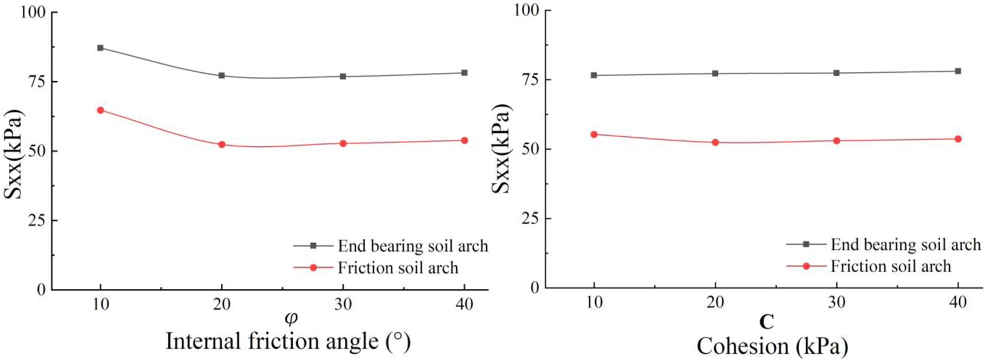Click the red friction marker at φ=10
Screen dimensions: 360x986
click(101, 110)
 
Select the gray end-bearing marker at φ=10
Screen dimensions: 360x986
click(101, 48)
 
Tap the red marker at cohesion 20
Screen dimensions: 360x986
click(716, 142)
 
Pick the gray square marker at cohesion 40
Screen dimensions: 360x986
click(958, 71)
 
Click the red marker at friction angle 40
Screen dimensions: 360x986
click(465, 140)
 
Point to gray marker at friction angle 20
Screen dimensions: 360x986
click(222, 76)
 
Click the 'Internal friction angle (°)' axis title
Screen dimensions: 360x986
click(288, 341)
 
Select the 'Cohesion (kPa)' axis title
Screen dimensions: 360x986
click(772, 346)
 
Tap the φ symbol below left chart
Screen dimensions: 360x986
click(290, 319)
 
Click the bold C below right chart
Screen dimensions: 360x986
click(766, 322)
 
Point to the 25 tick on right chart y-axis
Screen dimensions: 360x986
click(529, 219)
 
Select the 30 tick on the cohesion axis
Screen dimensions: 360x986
click(836, 302)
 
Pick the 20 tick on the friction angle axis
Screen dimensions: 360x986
click(222, 304)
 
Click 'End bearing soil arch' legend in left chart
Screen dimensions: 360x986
click(412, 246)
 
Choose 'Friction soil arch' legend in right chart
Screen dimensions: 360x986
click(890, 266)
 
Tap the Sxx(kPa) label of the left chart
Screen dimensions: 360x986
click(14, 154)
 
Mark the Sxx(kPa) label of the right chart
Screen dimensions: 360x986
click(501, 149)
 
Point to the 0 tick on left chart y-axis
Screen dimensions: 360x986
click(40, 289)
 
